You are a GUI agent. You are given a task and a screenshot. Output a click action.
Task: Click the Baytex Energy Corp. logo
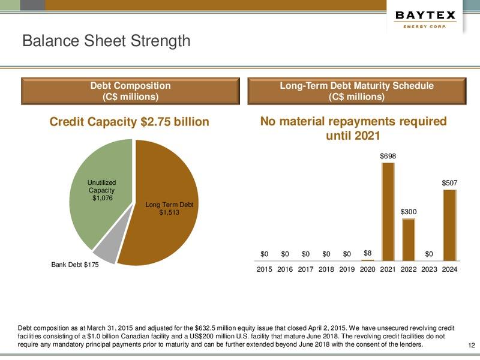click(425, 20)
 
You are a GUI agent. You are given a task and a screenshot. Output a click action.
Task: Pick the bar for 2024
click(449, 225)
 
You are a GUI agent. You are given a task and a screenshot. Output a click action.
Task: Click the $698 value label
click(388, 156)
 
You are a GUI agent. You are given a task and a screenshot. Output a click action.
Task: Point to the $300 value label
click(409, 212)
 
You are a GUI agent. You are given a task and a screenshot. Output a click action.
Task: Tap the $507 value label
click(450, 182)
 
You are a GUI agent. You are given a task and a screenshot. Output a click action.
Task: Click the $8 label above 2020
click(368, 253)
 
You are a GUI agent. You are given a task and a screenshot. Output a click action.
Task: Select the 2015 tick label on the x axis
click(265, 269)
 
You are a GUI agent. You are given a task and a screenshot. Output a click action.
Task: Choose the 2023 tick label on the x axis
click(429, 269)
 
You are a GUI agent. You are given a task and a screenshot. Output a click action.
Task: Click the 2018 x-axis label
click(326, 269)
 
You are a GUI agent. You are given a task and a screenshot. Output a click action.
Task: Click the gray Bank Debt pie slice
click(105, 252)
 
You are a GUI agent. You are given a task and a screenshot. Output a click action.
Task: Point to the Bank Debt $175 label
click(74, 265)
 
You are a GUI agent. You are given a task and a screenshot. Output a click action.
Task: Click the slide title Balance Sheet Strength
click(106, 41)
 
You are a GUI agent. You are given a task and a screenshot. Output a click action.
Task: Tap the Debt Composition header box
click(130, 91)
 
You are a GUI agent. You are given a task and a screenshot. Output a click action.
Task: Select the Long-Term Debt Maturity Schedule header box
click(356, 91)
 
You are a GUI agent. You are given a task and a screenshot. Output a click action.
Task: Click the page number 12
click(471, 345)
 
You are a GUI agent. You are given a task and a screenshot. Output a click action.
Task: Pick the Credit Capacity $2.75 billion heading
click(129, 122)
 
